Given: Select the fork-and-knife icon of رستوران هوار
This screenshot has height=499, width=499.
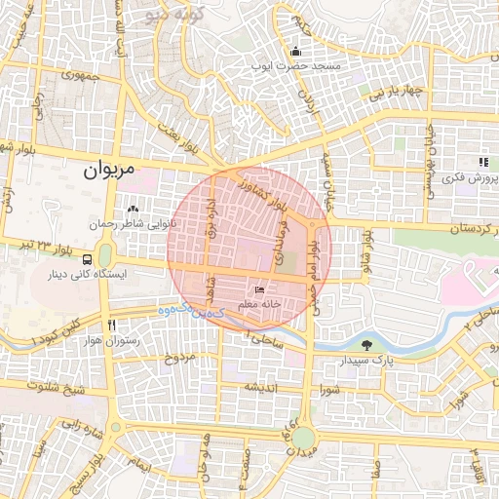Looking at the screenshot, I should coord(113,325).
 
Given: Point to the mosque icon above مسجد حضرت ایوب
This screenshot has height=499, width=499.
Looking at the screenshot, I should coord(295,52).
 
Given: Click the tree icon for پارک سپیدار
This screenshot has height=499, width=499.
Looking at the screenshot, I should coord(366,345).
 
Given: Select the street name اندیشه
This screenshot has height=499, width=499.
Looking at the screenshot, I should coord(263,387).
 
